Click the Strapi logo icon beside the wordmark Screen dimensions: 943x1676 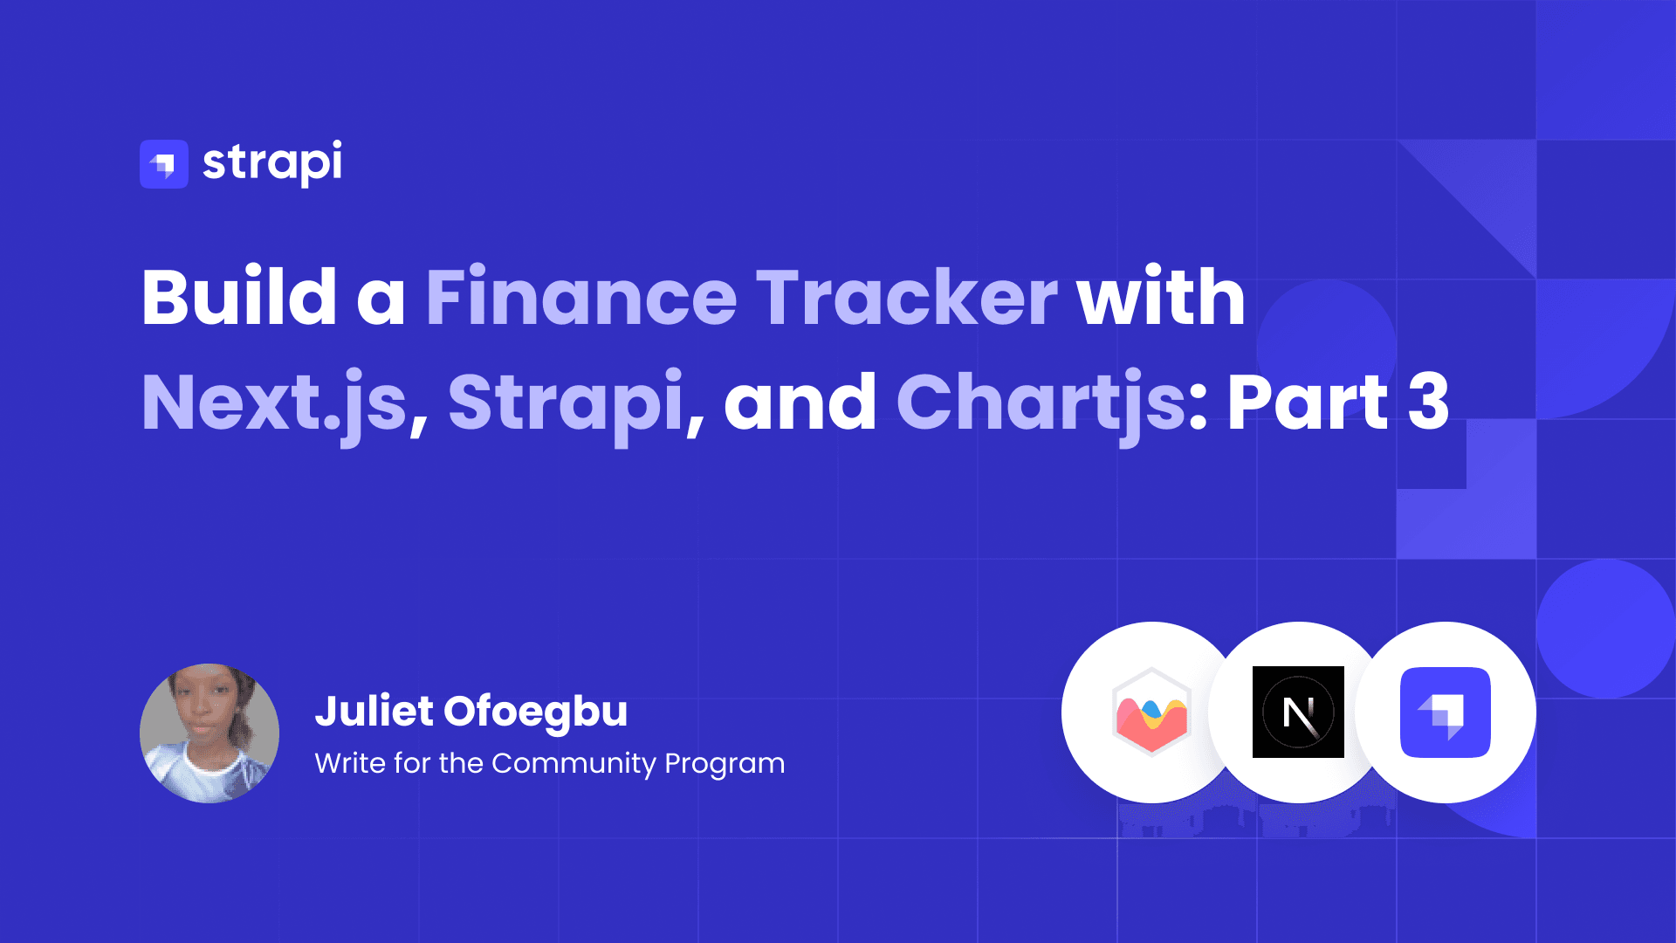tap(164, 164)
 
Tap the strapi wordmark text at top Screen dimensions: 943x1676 tap(272, 162)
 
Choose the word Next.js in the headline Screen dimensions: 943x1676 tap(274, 403)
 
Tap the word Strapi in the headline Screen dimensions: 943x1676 tap(566, 403)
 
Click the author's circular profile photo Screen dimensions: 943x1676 tap(209, 733)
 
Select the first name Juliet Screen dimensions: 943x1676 tap(374, 711)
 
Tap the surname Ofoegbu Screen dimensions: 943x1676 tap(536, 712)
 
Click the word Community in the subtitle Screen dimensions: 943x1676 tap(574, 763)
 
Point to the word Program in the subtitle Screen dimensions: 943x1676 tap(725, 765)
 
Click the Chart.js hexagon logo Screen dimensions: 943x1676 tap(1151, 712)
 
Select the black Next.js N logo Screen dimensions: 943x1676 tap(1298, 712)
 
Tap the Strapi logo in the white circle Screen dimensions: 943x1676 tap(1445, 712)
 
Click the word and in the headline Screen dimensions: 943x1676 tap(800, 403)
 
